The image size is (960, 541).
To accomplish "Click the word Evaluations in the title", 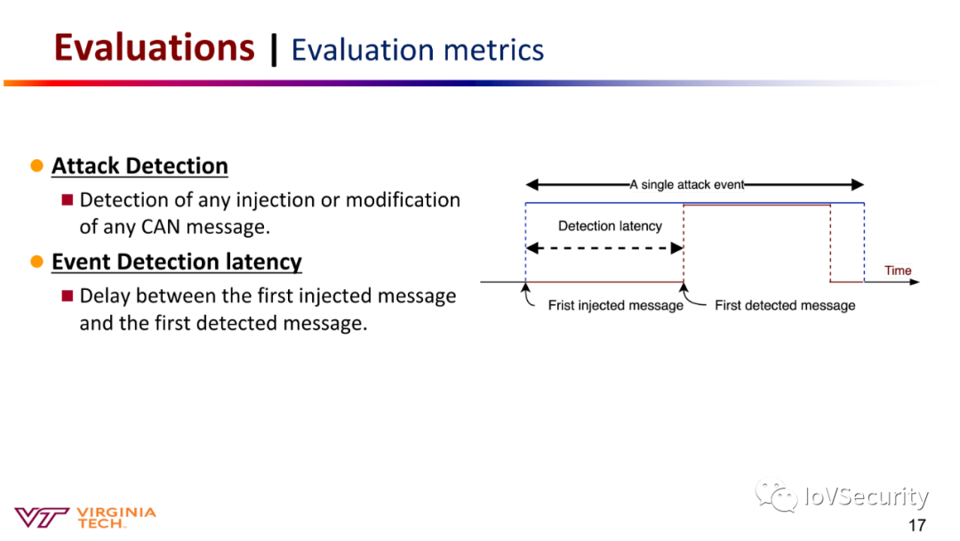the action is point(155,48).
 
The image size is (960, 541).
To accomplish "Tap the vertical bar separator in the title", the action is point(274,50).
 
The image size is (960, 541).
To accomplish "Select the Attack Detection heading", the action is point(140,166).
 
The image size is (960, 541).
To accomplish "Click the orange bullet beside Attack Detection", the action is point(36,166).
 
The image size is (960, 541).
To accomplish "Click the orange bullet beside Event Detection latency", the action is point(36,262).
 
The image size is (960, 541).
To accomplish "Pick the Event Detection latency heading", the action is point(176,262).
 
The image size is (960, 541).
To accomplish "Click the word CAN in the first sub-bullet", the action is point(161,227).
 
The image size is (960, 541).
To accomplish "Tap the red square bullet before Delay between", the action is point(68,296).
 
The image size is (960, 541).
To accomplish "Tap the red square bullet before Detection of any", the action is point(68,199).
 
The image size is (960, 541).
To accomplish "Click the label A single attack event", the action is point(687,184).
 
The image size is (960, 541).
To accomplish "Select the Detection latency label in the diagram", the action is point(610,226).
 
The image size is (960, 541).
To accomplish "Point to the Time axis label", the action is point(898,270).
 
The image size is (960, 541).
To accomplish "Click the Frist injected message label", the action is point(615,305).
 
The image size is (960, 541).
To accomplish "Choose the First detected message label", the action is point(785,305).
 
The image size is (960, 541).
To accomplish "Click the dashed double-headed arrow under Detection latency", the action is point(604,248).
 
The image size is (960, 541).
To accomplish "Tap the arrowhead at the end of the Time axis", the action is point(915,282).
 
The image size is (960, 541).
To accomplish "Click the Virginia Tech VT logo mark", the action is point(41,517).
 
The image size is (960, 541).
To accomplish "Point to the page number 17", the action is point(916,525).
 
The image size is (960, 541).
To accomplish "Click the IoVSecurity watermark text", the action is point(867,496).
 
